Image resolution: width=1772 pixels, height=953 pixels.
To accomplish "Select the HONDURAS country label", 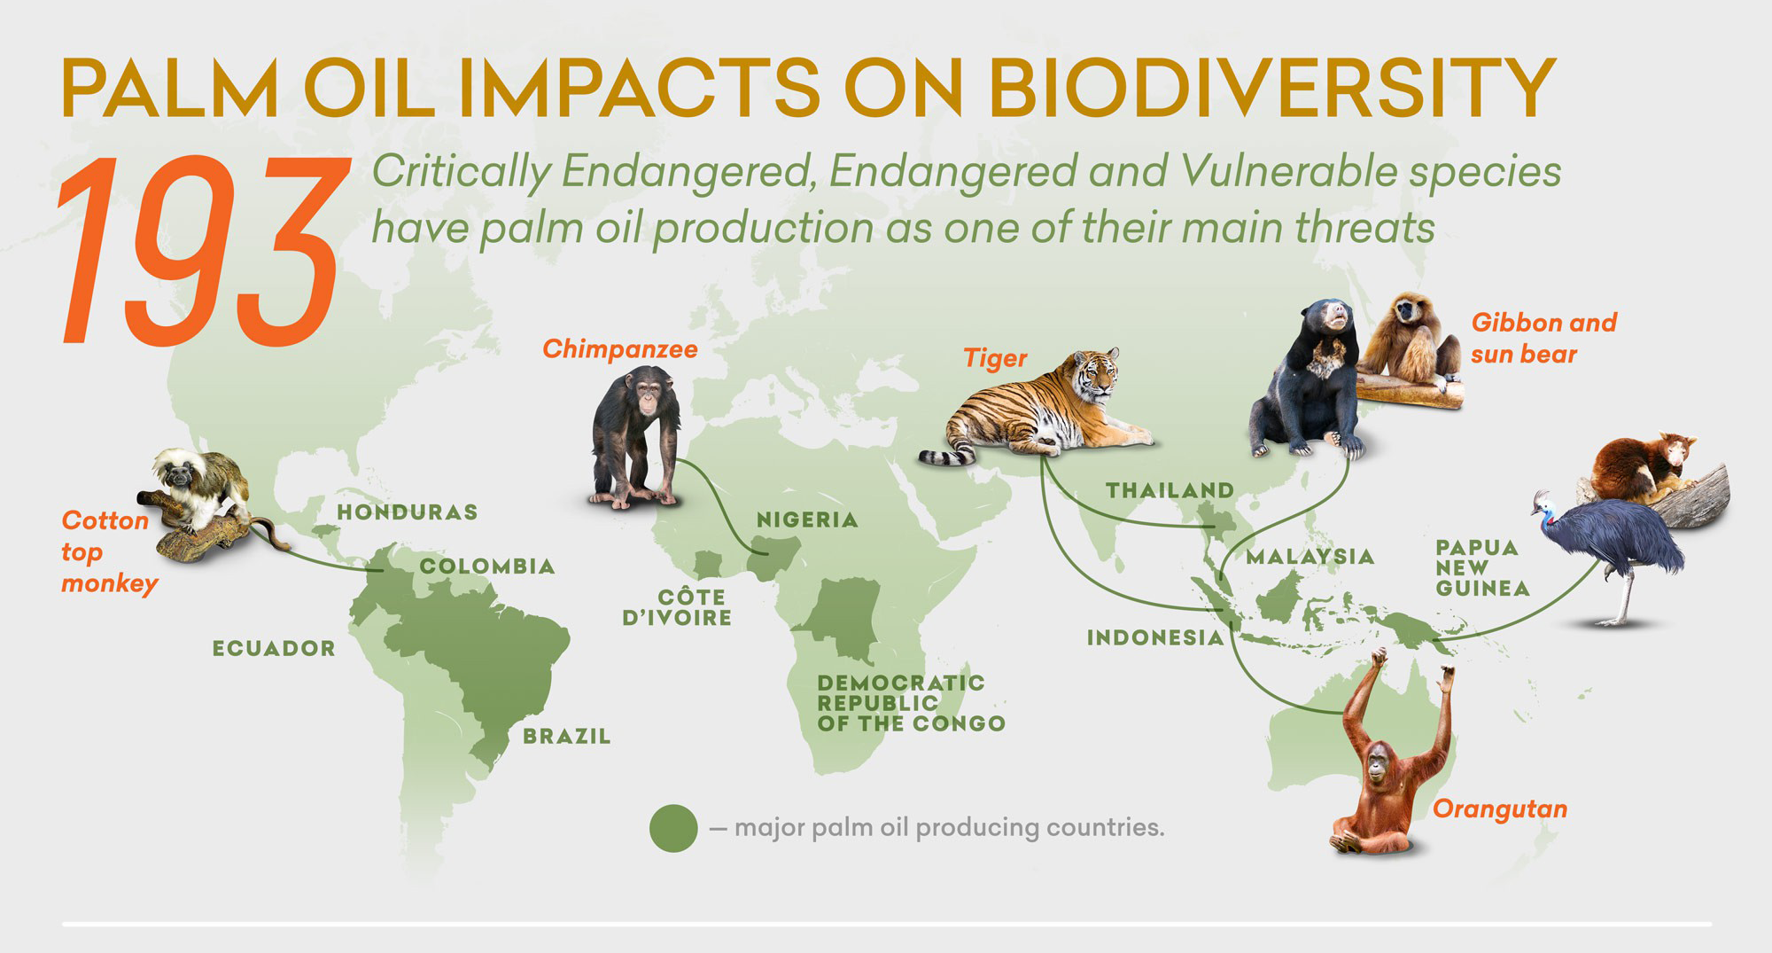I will point(407,512).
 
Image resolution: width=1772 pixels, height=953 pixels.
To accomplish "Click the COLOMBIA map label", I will point(486,566).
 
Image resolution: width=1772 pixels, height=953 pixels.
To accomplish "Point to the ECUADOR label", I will point(274,649).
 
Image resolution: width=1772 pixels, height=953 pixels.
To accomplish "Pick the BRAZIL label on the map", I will point(566,737).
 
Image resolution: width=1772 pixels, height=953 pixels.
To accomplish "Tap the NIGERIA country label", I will point(806,520).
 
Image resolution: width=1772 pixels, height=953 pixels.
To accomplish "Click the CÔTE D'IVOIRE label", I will point(678,608).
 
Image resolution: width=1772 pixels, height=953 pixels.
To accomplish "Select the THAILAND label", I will point(1170,490).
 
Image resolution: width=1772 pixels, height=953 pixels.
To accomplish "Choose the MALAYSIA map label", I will point(1310,557).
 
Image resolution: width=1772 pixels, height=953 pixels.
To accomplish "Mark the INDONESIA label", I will point(1154,637).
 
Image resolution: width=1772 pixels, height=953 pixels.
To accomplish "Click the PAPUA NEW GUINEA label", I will point(1482,567).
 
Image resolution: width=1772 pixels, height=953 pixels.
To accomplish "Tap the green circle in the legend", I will point(673,828).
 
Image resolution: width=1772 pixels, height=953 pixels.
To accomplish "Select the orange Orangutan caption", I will point(1499,809).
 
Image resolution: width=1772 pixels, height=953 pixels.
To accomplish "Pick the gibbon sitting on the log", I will point(1409,341).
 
